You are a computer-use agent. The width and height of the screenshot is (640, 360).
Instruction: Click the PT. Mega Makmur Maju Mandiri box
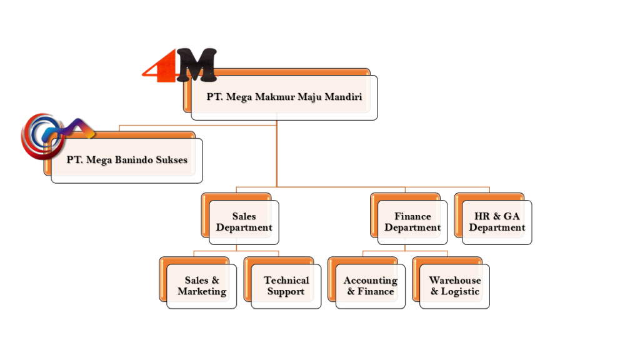click(x=284, y=97)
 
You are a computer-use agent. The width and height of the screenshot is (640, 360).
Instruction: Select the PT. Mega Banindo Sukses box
click(x=127, y=160)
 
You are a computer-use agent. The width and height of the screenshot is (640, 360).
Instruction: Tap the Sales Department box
click(x=244, y=222)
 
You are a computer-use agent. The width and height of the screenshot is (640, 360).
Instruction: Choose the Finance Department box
click(x=412, y=222)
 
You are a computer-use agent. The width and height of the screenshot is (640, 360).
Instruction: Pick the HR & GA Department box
click(x=497, y=222)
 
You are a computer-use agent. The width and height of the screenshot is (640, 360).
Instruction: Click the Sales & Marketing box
click(x=201, y=286)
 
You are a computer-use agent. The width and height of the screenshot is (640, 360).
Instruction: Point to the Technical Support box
click(x=286, y=286)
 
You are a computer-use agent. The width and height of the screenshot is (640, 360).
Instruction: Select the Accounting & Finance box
click(x=370, y=286)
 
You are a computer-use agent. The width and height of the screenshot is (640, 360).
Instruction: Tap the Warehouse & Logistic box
click(x=454, y=286)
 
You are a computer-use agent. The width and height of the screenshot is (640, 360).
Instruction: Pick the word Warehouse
click(x=454, y=281)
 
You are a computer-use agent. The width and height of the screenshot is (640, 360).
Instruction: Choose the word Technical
click(x=286, y=281)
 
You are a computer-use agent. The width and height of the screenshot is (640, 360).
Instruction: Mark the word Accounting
click(x=370, y=281)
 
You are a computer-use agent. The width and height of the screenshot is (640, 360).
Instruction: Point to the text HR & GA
click(x=497, y=216)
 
